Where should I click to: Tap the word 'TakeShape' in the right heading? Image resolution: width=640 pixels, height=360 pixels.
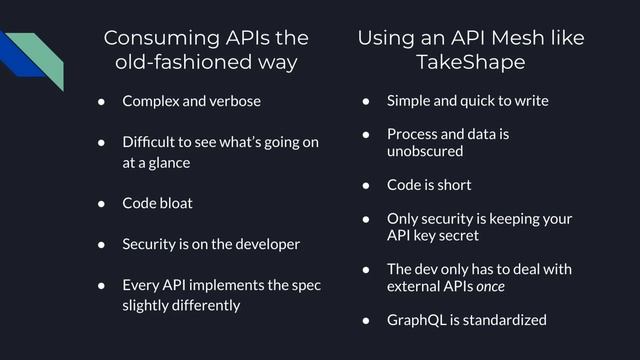(471, 63)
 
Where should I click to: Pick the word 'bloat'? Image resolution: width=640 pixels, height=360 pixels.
(173, 203)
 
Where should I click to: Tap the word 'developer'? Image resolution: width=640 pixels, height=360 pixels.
(259, 244)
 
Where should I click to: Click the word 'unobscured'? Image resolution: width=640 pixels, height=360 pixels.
(425, 151)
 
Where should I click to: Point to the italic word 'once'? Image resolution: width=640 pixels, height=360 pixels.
(491, 287)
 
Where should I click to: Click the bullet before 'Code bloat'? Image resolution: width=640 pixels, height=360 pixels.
(102, 203)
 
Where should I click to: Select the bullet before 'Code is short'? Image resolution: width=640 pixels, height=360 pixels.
(367, 185)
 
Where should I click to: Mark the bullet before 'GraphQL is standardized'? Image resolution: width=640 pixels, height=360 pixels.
(367, 320)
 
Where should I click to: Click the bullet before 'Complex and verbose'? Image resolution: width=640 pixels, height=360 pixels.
(102, 101)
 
